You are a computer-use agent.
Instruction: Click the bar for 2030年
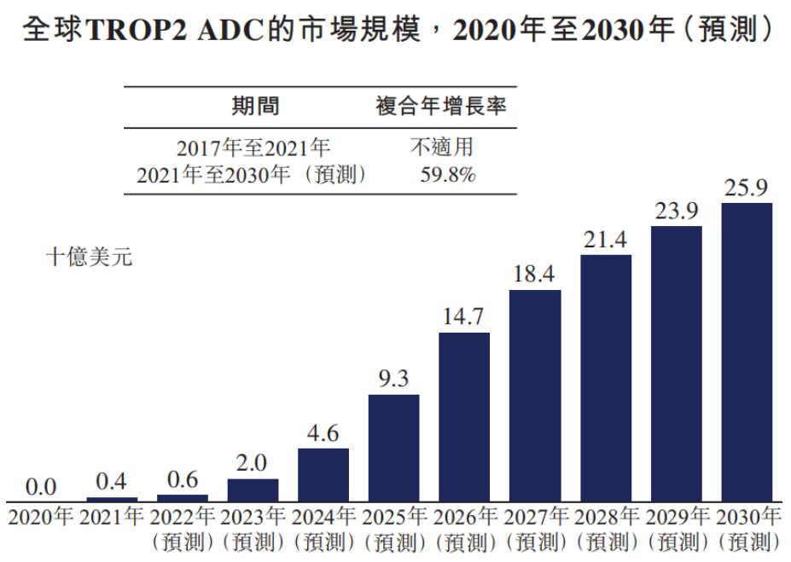pyautogui.click(x=746, y=351)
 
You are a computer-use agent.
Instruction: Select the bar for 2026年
pyautogui.click(x=464, y=416)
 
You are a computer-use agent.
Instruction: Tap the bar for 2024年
pyautogui.click(x=323, y=474)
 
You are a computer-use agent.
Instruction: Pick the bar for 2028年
pyautogui.click(x=606, y=377)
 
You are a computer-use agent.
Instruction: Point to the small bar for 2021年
pyautogui.click(x=112, y=499)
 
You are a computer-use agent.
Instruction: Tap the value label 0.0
pyautogui.click(x=41, y=487)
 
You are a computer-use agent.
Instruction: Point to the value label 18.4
pyautogui.click(x=535, y=275)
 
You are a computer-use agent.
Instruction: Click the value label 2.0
pyautogui.click(x=253, y=464)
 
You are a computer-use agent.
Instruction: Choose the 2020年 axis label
pyautogui.click(x=41, y=517)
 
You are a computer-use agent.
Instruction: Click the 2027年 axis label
pyautogui.click(x=535, y=517)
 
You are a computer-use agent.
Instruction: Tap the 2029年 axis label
pyautogui.click(x=676, y=517)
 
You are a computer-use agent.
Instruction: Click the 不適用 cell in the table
pyautogui.click(x=442, y=148)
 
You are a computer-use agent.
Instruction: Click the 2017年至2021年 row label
pyautogui.click(x=253, y=148)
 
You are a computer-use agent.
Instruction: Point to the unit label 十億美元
pyautogui.click(x=89, y=258)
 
